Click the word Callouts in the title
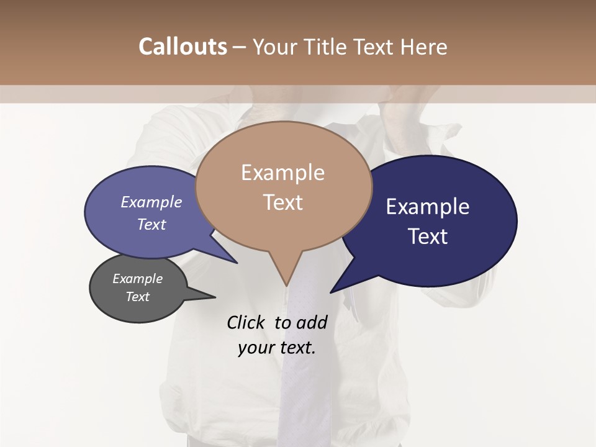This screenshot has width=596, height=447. pyautogui.click(x=183, y=47)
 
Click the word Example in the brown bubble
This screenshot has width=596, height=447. pyautogui.click(x=282, y=173)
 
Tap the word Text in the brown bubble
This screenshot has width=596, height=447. pyautogui.click(x=282, y=202)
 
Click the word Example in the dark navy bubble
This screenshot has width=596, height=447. pyautogui.click(x=428, y=207)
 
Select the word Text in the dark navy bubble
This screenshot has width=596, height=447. pyautogui.click(x=428, y=237)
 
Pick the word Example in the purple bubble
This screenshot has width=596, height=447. pyautogui.click(x=151, y=202)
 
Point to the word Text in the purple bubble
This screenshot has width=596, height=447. pyautogui.click(x=151, y=224)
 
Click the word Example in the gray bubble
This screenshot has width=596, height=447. pyautogui.click(x=137, y=279)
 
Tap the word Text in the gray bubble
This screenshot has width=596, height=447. pyautogui.click(x=137, y=297)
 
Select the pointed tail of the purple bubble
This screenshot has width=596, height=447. pyautogui.click(x=237, y=263)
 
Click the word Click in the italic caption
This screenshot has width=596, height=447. pyautogui.click(x=246, y=322)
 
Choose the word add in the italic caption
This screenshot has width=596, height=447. pyautogui.click(x=312, y=322)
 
